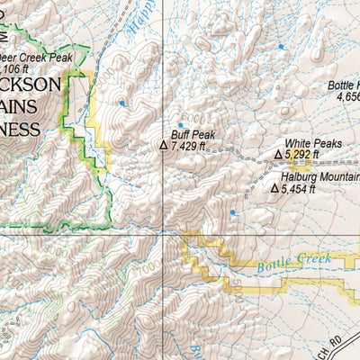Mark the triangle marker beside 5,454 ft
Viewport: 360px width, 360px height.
pos(274,189)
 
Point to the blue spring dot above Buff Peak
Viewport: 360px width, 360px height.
pos(180,125)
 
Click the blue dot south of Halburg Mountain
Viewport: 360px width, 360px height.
pos(232,213)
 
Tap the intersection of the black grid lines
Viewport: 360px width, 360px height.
pos(163,233)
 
